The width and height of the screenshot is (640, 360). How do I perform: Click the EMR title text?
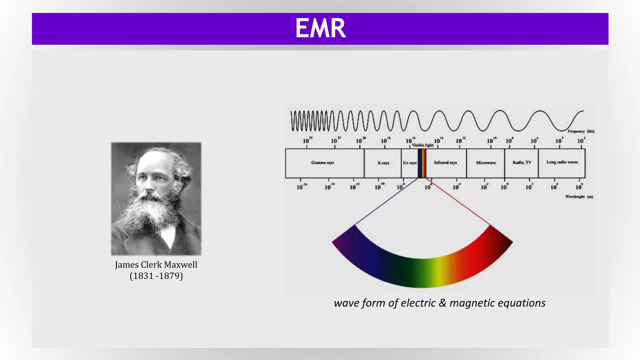(x=320, y=28)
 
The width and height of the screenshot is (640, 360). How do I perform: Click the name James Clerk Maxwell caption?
(x=156, y=265)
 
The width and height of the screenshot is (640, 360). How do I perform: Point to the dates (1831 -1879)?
(x=156, y=276)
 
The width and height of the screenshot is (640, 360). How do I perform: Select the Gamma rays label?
(x=322, y=162)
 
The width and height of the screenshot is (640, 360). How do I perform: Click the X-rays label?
(x=383, y=163)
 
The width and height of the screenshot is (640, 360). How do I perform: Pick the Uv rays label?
(x=409, y=163)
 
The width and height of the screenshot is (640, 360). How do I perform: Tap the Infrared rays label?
(x=445, y=162)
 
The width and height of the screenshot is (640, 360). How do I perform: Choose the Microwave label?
(x=486, y=162)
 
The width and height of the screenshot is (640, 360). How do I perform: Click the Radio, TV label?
(x=522, y=162)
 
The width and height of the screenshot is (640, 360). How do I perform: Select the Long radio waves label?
(x=562, y=162)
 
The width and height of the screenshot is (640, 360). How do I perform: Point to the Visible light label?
(x=422, y=145)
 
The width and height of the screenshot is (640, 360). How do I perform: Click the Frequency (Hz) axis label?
(x=581, y=131)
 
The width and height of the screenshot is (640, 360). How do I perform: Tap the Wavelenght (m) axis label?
(x=579, y=197)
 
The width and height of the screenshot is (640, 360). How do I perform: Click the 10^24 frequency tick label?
(x=307, y=140)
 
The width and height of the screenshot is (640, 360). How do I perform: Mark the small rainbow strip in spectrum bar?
(x=422, y=163)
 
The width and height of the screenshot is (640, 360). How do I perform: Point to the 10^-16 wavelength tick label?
(x=301, y=187)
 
